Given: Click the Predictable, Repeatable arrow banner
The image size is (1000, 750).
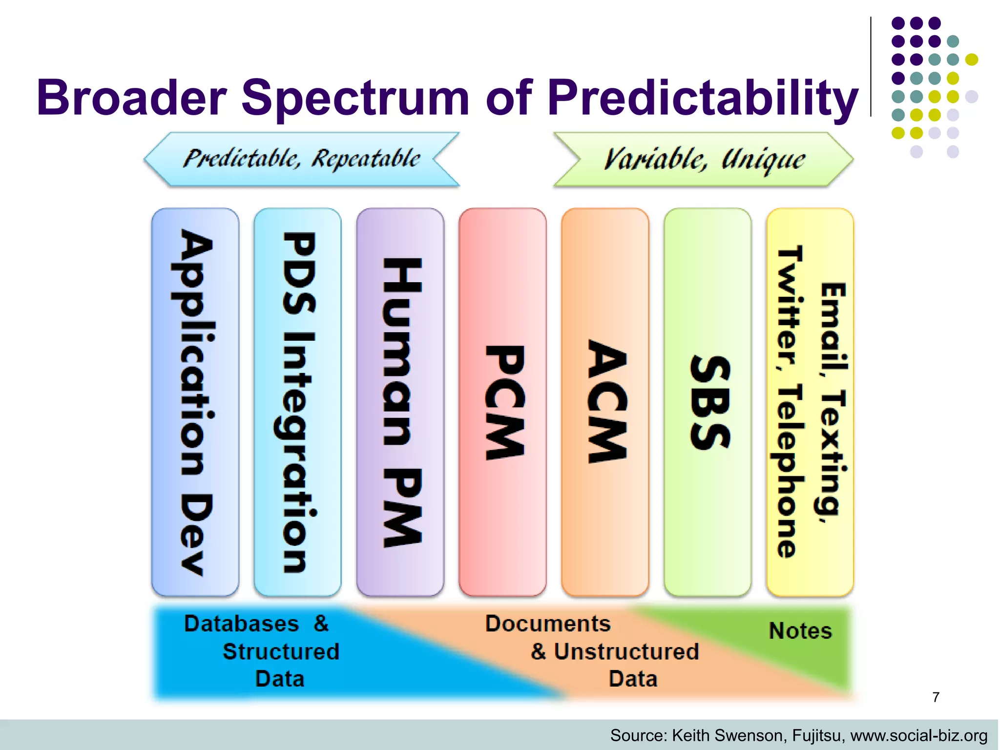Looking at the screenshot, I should pyautogui.click(x=302, y=159).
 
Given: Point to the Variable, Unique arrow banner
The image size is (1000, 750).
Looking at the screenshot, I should pyautogui.click(x=703, y=159).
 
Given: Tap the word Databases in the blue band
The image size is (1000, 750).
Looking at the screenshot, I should pyautogui.click(x=241, y=624).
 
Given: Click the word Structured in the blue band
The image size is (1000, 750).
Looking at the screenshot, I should pyautogui.click(x=281, y=652).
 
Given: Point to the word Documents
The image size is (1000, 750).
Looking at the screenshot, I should pyautogui.click(x=548, y=624).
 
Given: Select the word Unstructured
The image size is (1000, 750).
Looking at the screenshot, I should pyautogui.click(x=626, y=652).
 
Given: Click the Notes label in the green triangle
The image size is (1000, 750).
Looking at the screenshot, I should pyautogui.click(x=800, y=631).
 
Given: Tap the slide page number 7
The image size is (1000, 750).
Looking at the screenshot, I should pyautogui.click(x=936, y=697).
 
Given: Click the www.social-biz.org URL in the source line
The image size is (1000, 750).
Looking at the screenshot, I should pyautogui.click(x=919, y=735).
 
